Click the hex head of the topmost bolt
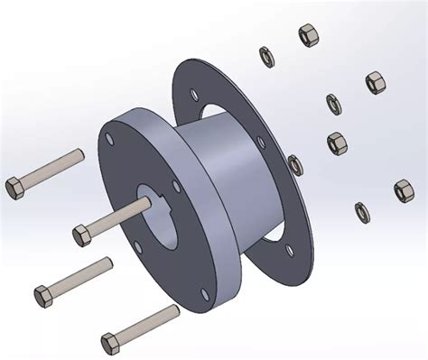tap(15, 187)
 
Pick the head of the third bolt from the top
tap(43, 294)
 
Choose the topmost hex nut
tap(307, 35)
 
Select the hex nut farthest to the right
tap(404, 190)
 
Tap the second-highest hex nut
tap(377, 82)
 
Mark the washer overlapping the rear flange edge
tap(295, 163)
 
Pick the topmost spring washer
tap(265, 53)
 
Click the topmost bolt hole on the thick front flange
tap(107, 140)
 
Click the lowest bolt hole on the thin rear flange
tap(288, 250)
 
